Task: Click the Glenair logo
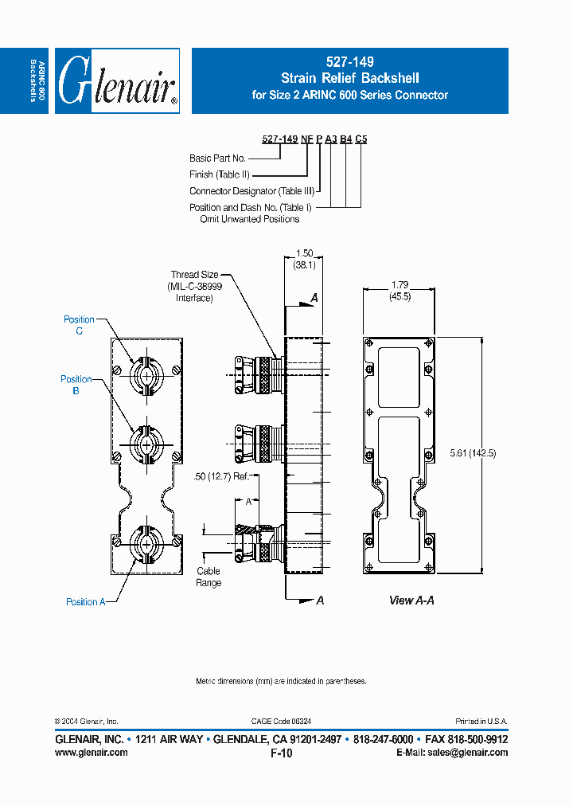coord(118,82)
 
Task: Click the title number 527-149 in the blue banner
coord(349,61)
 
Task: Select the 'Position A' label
coord(85,602)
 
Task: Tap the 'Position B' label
coord(76,385)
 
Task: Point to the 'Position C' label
coord(79,325)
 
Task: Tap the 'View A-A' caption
coord(411,601)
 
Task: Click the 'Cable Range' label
coord(209,577)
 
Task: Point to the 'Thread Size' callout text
coord(194,286)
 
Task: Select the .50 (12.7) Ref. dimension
coord(222,476)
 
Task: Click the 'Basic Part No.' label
coord(217,158)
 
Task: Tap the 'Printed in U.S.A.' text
coord(481,721)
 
